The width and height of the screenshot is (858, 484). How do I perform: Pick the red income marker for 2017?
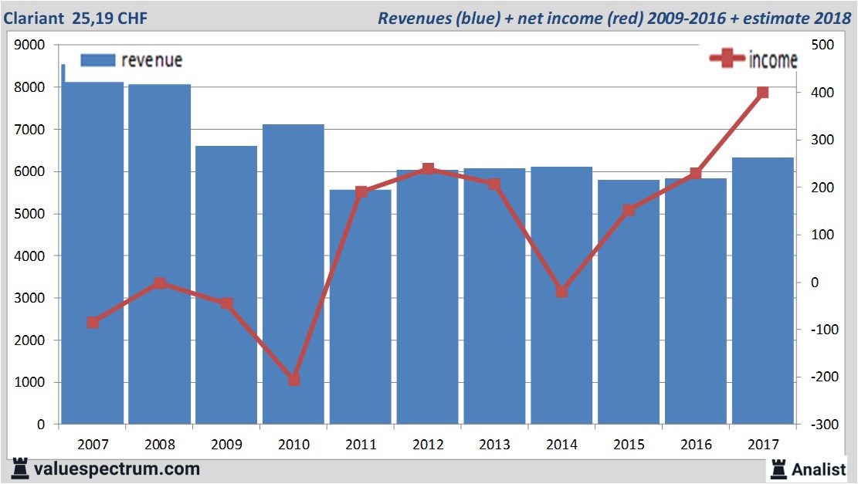point(763,93)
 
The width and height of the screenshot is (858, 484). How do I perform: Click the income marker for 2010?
point(293,380)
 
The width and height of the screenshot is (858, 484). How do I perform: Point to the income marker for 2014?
point(561,292)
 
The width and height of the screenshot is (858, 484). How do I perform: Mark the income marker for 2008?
point(160,283)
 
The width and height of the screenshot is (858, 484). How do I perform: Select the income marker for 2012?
point(428,169)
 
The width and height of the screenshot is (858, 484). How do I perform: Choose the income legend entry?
point(754,59)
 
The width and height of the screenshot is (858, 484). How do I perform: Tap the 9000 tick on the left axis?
point(30,46)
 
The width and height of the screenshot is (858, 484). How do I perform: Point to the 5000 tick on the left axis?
point(30,214)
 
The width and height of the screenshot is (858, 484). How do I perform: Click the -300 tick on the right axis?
point(819,425)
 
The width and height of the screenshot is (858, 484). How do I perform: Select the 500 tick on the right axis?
point(819,46)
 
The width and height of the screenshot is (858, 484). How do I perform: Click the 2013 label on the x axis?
point(494,445)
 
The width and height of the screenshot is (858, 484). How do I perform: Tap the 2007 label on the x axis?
point(93,445)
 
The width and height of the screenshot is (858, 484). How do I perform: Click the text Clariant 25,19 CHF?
point(76,18)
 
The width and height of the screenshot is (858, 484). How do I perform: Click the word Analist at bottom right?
point(818,469)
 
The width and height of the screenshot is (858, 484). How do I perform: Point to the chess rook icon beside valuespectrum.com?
point(19,469)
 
